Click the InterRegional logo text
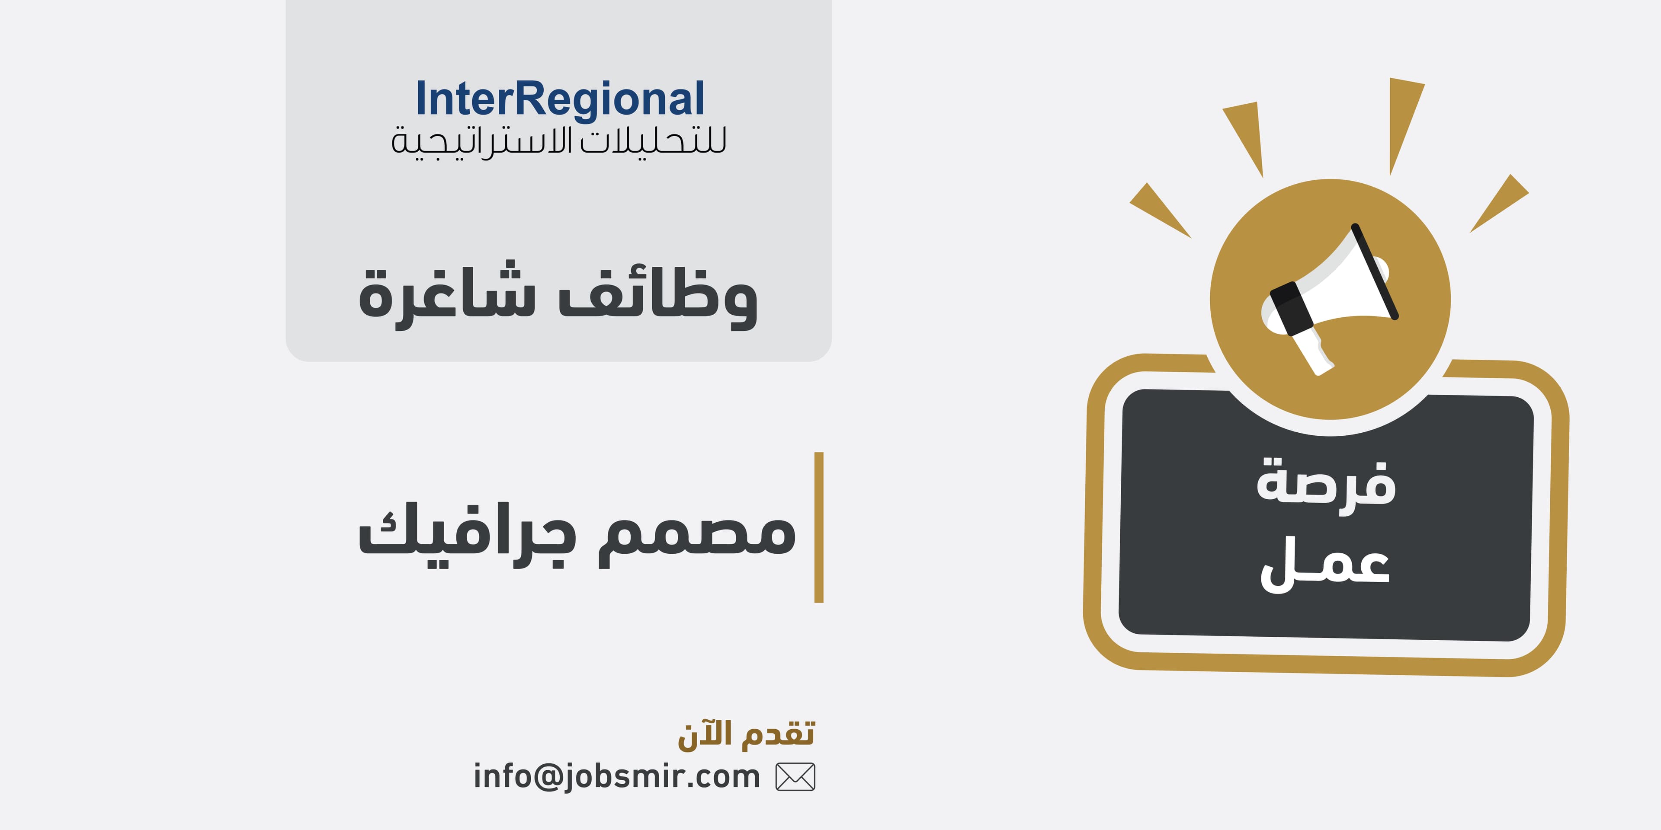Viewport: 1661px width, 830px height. click(560, 100)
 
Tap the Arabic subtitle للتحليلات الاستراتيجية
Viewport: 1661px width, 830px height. click(558, 142)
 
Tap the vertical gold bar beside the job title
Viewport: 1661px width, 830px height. click(819, 527)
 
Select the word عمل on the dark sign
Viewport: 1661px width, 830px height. click(1326, 564)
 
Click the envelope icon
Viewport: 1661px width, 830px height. click(795, 776)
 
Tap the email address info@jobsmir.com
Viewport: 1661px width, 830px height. click(617, 776)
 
